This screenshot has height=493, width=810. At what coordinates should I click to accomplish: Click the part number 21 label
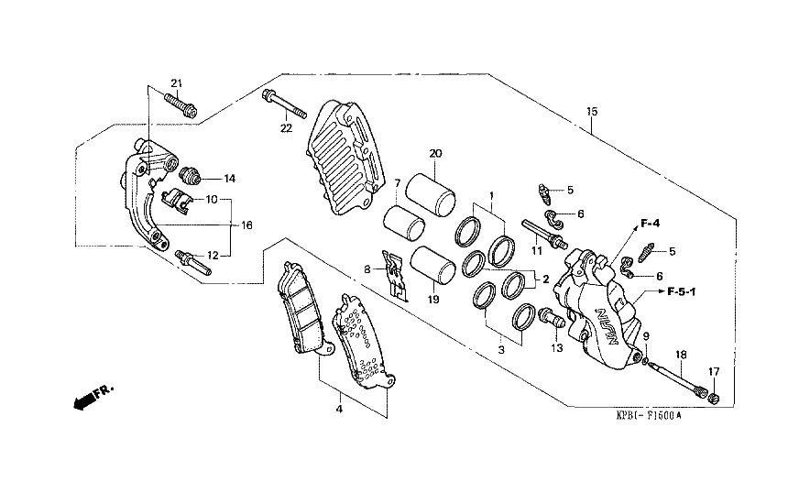pyautogui.click(x=177, y=83)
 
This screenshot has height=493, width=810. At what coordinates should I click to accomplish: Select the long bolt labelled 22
pyautogui.click(x=285, y=104)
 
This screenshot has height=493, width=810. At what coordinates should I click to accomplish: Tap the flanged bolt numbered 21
pyautogui.click(x=181, y=104)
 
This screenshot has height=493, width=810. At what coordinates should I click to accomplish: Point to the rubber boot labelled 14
pyautogui.click(x=192, y=176)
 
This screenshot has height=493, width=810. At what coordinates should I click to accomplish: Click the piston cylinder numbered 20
pyautogui.click(x=431, y=194)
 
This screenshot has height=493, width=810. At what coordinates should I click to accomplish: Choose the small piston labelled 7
pyautogui.click(x=404, y=224)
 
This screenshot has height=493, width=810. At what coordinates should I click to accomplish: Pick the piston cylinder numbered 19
pyautogui.click(x=432, y=265)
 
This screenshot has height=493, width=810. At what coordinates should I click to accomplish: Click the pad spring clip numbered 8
pyautogui.click(x=395, y=276)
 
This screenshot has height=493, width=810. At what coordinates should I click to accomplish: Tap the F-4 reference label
pyautogui.click(x=651, y=224)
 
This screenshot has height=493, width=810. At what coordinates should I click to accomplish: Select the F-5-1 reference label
pyautogui.click(x=682, y=292)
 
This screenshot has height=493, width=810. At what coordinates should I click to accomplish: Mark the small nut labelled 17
pyautogui.click(x=715, y=398)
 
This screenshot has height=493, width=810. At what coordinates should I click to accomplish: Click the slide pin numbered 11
pyautogui.click(x=544, y=233)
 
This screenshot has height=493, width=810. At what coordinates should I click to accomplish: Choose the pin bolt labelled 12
pyautogui.click(x=192, y=262)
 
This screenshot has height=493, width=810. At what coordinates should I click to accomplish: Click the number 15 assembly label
pyautogui.click(x=592, y=111)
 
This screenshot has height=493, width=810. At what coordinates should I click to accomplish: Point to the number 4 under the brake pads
pyautogui.click(x=339, y=410)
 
